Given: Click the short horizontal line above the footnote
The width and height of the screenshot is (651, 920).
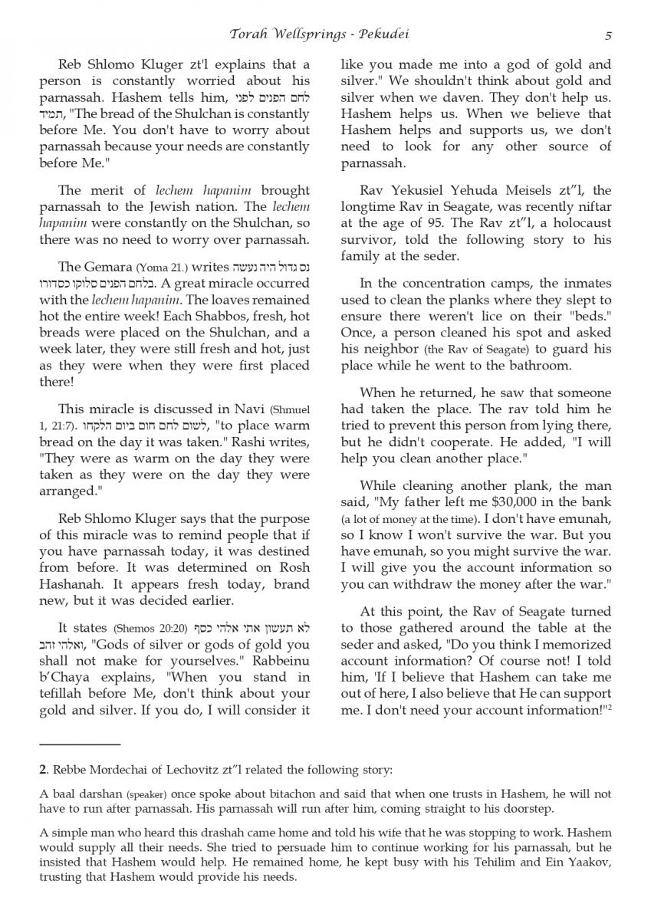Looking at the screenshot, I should [x=80, y=744].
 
